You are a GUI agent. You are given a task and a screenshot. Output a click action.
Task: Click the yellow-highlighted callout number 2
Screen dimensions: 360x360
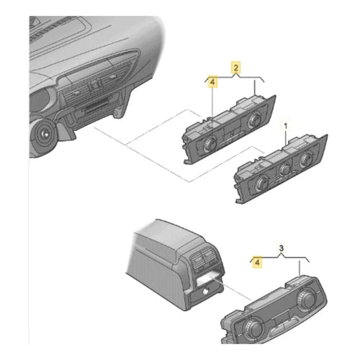pos(236,68)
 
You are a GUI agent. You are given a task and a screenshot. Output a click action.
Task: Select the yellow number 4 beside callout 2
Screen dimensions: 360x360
pos(212,82)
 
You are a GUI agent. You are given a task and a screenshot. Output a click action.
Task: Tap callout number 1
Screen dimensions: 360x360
pos(286,126)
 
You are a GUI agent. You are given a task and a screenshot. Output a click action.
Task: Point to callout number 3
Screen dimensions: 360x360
pos(282,248)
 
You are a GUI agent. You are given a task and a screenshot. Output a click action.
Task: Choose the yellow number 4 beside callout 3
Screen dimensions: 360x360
pos(257,262)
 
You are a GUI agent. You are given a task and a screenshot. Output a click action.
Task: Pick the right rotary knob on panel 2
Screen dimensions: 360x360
pos(254,120)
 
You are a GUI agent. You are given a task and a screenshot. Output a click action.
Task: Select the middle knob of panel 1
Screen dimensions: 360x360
pos(285,170)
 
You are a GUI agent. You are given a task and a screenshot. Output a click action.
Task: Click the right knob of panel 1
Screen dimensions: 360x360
pos(306,158)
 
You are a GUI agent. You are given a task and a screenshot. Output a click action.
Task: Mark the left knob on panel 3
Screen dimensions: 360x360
pos(253,327)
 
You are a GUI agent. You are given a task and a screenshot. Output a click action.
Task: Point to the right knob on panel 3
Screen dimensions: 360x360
pos(306,300)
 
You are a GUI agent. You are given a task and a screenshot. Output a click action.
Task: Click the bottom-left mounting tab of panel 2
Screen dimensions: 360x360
pos(188,160)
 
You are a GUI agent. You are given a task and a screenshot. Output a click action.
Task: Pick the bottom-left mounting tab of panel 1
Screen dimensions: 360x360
pos(240,199)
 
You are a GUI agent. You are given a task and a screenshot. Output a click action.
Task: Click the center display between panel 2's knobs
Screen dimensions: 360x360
pos(231,133)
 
